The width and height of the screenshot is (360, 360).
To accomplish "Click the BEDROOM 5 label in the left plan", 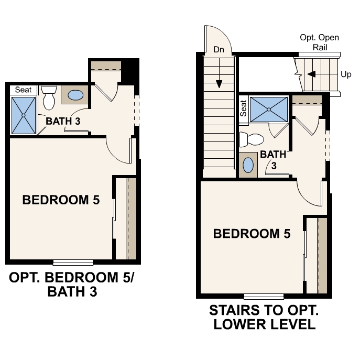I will (x=61, y=200).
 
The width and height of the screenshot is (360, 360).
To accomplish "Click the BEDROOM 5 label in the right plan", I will (x=252, y=234).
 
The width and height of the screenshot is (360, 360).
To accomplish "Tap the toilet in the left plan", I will (x=49, y=97).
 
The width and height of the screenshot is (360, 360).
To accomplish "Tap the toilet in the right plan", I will (x=251, y=139).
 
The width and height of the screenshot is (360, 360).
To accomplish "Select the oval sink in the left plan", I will (x=75, y=95).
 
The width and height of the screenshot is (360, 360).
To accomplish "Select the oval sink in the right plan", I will (x=249, y=165).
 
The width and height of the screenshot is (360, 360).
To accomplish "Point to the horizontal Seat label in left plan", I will (x=23, y=90).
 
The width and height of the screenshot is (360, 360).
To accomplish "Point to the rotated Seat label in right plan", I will (x=244, y=108).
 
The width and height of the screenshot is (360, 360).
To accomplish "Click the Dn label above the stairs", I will (x=219, y=50).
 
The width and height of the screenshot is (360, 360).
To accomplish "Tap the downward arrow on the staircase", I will (x=219, y=83).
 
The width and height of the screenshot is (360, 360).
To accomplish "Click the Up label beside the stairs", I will (x=346, y=74).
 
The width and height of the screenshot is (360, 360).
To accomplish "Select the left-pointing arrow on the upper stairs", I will (x=311, y=74).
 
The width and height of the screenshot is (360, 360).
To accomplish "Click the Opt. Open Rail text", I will (x=319, y=42).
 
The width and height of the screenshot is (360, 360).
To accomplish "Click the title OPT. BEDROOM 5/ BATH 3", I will (x=72, y=284).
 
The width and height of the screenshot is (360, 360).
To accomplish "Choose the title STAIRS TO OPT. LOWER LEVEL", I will (x=264, y=317).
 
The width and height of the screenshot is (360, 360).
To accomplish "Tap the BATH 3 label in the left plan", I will (x=63, y=121).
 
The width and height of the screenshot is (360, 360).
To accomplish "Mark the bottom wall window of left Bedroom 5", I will (x=73, y=262).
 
